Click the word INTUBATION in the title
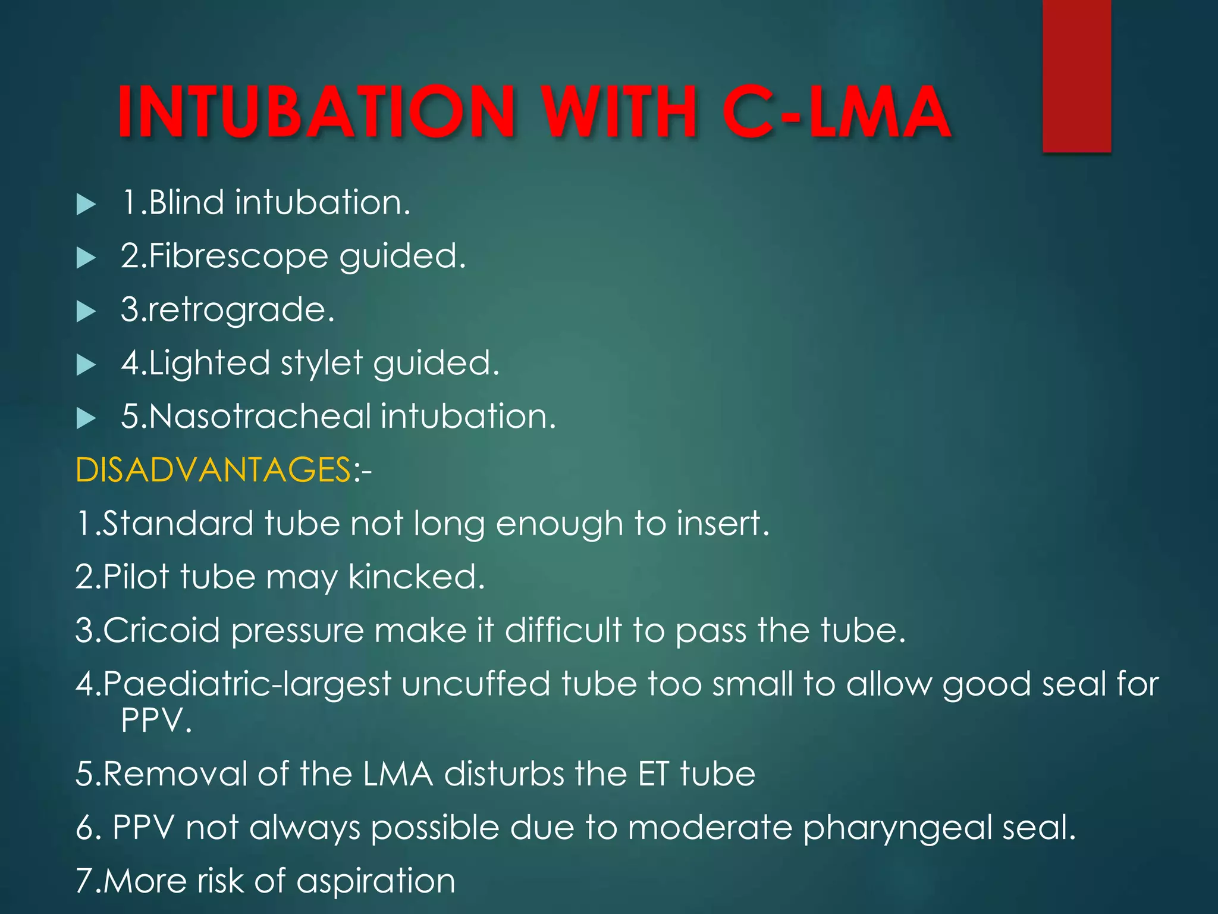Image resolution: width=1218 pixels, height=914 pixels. (316, 112)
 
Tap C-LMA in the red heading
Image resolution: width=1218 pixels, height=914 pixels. (836, 112)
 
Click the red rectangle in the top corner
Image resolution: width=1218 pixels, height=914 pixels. (1076, 76)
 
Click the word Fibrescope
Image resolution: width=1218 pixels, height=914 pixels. (238, 256)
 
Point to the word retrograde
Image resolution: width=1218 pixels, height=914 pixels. (238, 310)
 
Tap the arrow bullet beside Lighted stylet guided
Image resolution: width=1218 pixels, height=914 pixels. (86, 365)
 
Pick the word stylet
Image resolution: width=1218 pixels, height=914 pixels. (322, 363)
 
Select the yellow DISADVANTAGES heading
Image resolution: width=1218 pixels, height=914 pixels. (214, 470)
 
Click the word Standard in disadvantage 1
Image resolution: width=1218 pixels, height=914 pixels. (178, 524)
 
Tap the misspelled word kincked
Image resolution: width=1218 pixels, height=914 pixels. (416, 577)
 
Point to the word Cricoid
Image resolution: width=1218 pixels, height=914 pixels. (161, 631)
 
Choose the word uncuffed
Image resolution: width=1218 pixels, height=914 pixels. (475, 684)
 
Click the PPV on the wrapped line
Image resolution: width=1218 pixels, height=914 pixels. (156, 721)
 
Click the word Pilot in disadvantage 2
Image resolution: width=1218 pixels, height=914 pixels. (136, 577)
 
